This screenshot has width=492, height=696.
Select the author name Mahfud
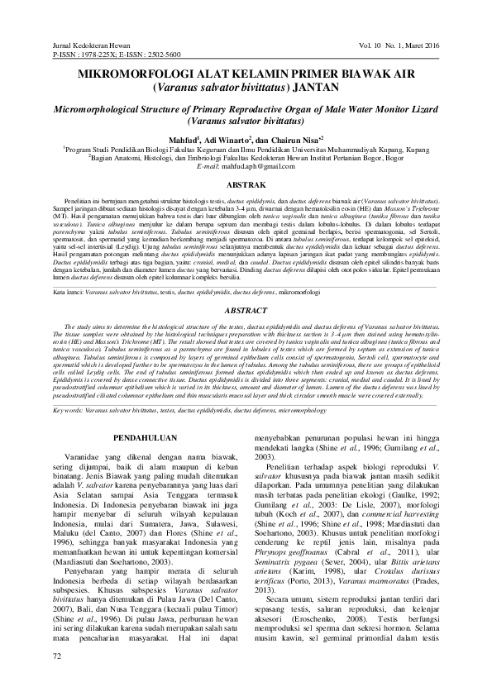coord(177,140)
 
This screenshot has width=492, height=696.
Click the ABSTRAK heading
coord(246,184)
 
